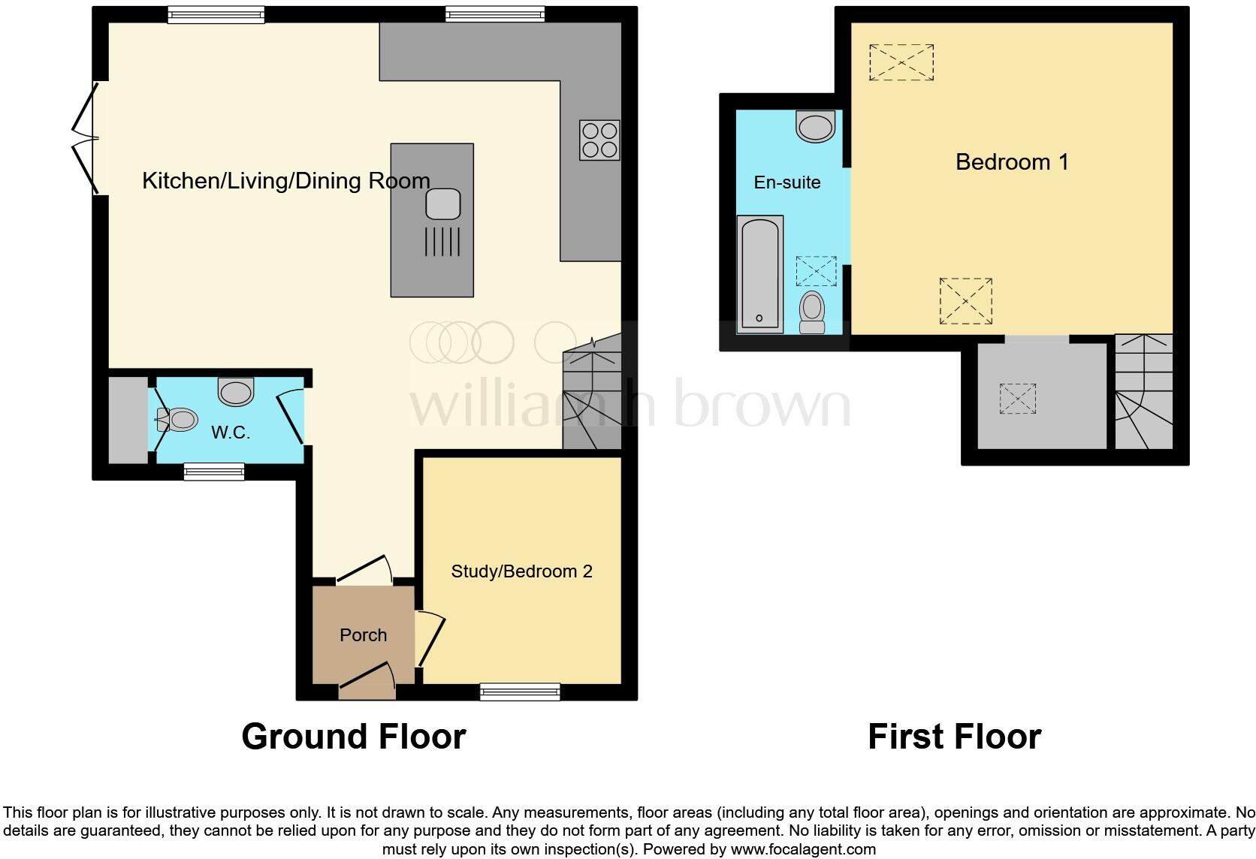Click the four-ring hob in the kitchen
599,140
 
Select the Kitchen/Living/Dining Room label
285,181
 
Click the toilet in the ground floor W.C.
179,419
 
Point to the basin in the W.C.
237,391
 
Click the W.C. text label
230,433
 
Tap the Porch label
363,635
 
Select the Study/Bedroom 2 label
521,571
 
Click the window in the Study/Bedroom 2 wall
520,692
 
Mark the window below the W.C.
214,472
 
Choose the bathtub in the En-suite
760,274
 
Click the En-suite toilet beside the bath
811,312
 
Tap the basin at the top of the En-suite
816,126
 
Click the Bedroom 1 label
1011,162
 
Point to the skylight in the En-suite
816,270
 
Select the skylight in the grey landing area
1018,399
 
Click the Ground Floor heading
354,737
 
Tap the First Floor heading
954,737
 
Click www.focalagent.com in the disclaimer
803,850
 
